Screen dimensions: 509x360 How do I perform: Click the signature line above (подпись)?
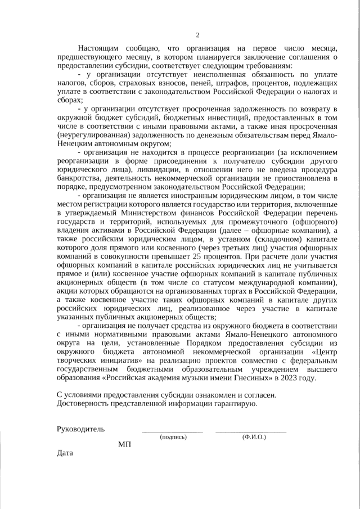click(172, 432)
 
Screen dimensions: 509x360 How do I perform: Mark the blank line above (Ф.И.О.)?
click(250, 432)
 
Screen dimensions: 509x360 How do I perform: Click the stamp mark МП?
click(124, 445)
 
